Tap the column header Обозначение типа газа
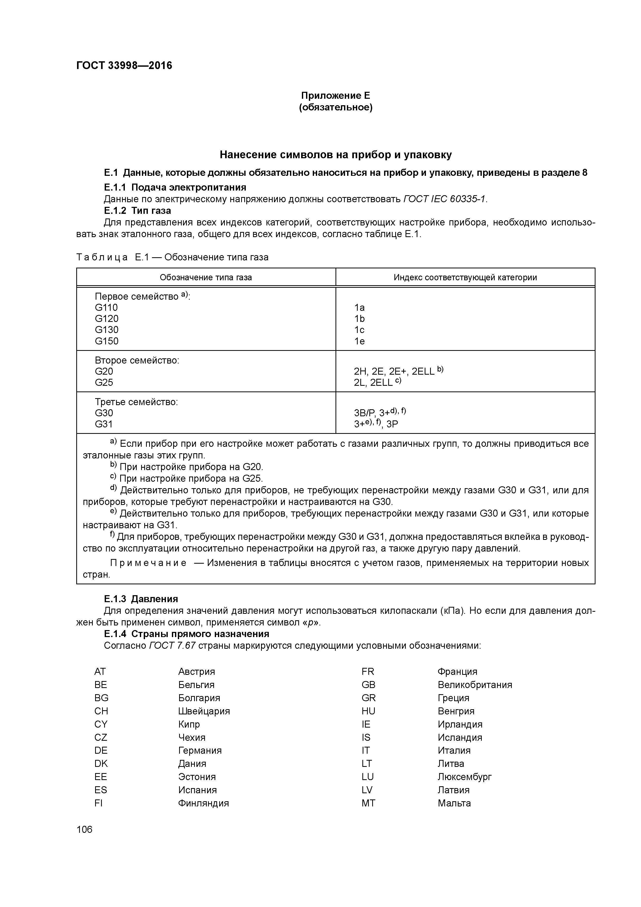click(205, 277)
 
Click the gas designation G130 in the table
click(107, 330)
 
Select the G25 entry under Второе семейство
click(104, 382)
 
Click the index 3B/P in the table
click(364, 413)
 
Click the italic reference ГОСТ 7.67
click(173, 646)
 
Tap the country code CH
click(101, 711)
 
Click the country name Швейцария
click(204, 711)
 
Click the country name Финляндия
click(203, 803)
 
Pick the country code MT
click(368, 803)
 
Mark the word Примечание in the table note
click(148, 563)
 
